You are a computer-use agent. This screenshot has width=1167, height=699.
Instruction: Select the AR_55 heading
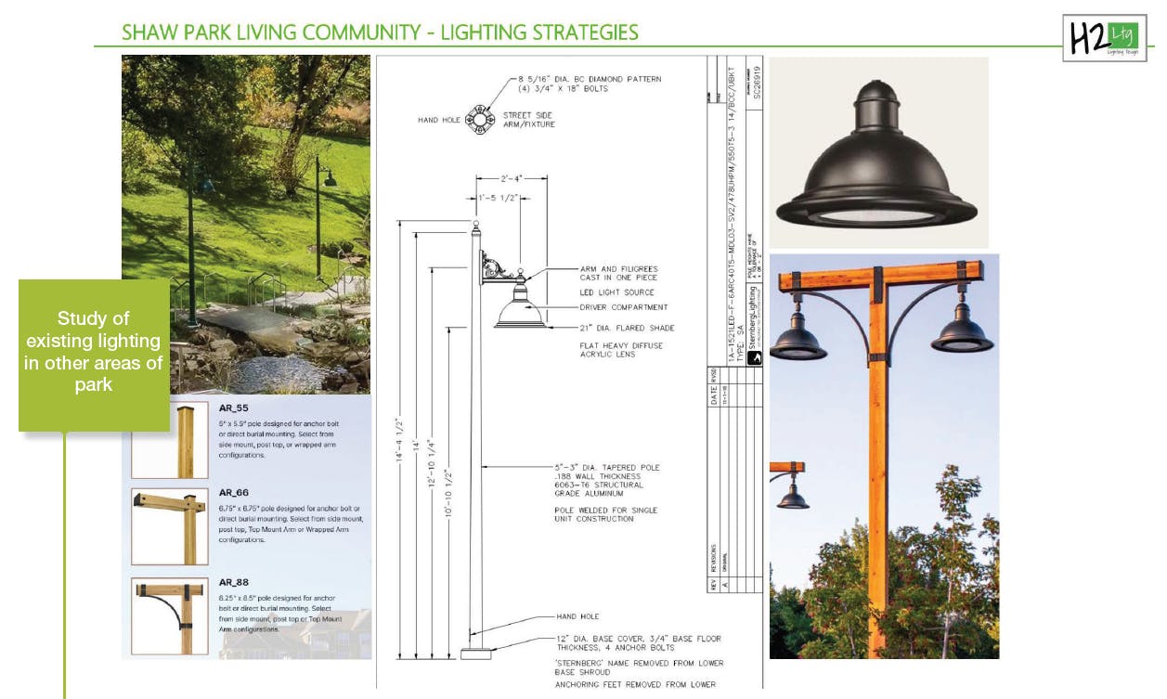233,408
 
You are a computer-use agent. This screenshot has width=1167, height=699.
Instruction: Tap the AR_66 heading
233,493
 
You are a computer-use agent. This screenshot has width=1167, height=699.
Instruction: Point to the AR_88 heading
233,583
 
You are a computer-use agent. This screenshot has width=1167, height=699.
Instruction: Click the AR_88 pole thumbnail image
169,616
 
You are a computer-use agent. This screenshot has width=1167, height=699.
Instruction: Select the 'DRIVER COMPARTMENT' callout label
624,307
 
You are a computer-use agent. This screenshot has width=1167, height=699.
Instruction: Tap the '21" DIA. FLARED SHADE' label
627,328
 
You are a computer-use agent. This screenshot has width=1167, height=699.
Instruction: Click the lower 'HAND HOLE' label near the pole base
577,616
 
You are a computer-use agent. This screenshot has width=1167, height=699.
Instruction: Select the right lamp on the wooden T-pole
962,330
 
